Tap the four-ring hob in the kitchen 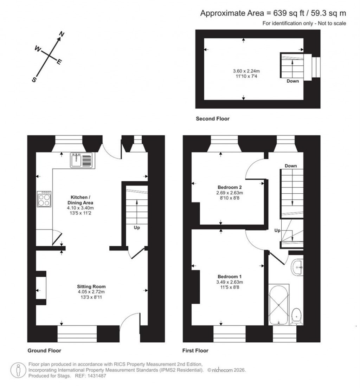(44, 200)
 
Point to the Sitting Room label (91, 286)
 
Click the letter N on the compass (61, 34)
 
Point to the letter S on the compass (34, 80)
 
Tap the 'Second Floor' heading (212, 119)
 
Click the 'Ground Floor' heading (44, 350)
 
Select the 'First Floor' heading (195, 350)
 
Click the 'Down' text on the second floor (292, 81)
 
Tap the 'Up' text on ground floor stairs (137, 228)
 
